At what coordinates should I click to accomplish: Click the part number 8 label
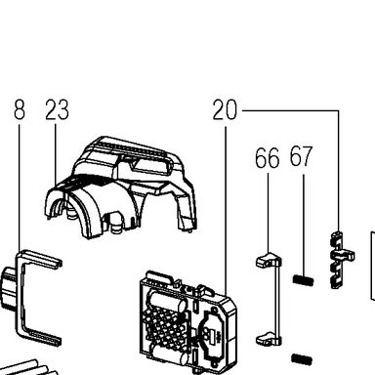click(x=20, y=109)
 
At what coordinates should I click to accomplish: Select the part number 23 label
click(x=57, y=109)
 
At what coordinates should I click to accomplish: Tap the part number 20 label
click(x=225, y=109)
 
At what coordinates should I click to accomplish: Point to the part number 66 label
click(x=267, y=158)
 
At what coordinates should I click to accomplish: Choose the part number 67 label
click(x=301, y=156)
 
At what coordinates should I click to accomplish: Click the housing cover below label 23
click(x=120, y=187)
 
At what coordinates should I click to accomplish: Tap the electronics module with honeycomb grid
click(x=187, y=323)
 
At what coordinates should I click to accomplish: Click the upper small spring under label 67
click(x=303, y=280)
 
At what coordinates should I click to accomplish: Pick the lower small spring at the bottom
click(x=302, y=359)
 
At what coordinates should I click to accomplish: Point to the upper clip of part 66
click(x=268, y=260)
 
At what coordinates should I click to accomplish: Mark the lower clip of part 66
click(x=268, y=339)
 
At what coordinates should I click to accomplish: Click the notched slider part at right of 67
click(x=340, y=260)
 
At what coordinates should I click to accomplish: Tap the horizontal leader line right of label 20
click(x=290, y=111)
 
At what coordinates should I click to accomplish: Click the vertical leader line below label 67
click(x=304, y=225)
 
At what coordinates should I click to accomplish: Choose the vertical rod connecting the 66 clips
click(x=277, y=300)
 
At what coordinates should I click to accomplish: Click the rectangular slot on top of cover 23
click(x=152, y=165)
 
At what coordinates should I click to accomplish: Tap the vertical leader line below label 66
click(x=268, y=213)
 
